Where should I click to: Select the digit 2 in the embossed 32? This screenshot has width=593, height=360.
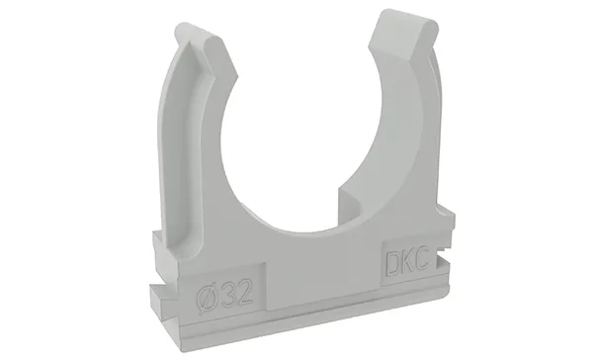pyautogui.click(x=244, y=293)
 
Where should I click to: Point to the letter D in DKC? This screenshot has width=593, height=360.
pyautogui.click(x=391, y=262)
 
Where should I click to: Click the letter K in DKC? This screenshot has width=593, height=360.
pyautogui.click(x=407, y=260)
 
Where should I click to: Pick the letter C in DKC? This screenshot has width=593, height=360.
pyautogui.click(x=422, y=259)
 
